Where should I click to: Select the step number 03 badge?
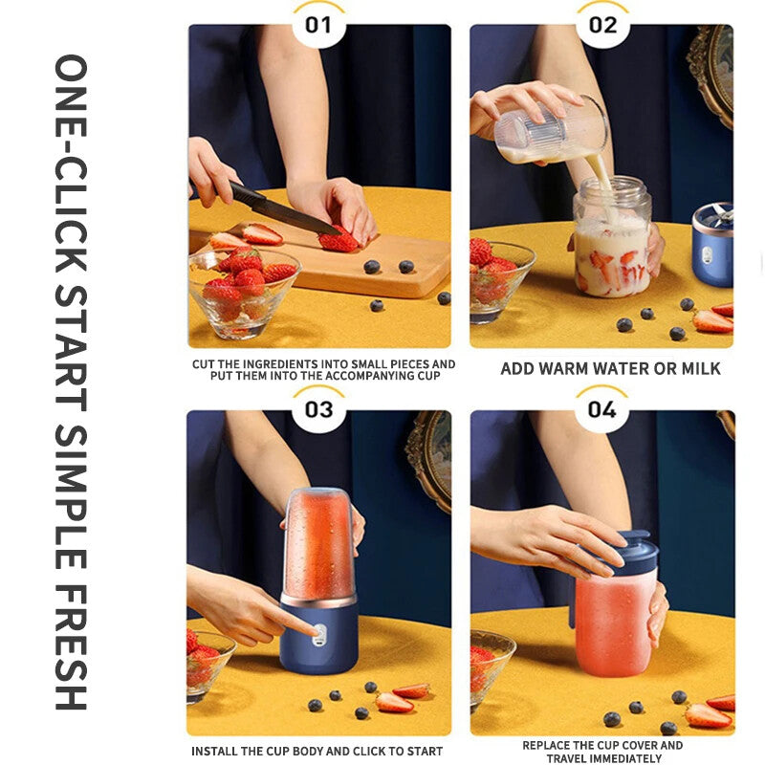(x=318, y=409)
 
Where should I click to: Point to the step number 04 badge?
(x=602, y=409)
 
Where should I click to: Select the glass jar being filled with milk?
(x=612, y=239)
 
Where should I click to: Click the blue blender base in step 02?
(x=712, y=246)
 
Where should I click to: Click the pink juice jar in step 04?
(x=616, y=622)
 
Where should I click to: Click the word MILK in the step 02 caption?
(x=699, y=368)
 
